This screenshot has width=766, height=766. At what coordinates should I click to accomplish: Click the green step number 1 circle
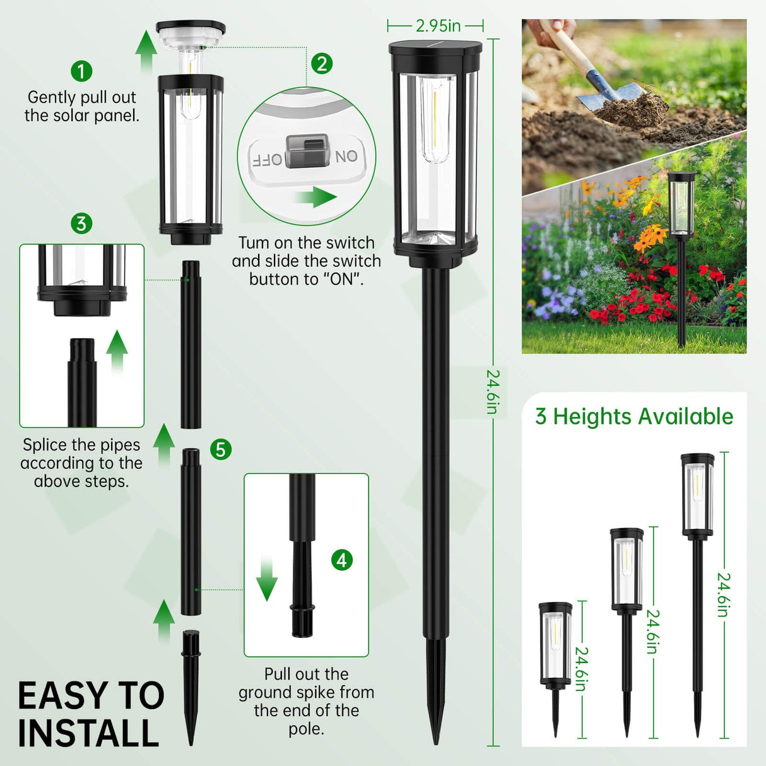81,71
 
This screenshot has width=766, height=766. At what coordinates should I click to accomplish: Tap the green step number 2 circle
322,63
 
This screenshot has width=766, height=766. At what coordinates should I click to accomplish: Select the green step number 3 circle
81,223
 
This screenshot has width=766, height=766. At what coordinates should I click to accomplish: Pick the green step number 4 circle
342,560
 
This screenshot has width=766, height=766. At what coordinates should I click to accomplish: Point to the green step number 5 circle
221,449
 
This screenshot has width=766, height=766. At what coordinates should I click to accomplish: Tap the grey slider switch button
307,151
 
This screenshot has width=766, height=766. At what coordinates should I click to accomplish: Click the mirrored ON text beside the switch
346,156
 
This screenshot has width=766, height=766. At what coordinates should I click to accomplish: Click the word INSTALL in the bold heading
88,733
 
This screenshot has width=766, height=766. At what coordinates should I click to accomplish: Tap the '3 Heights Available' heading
634,416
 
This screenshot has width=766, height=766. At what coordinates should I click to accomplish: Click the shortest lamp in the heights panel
555,663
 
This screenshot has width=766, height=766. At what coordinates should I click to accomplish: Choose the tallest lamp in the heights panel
697,587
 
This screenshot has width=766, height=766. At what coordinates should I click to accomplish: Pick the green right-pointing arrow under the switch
316,197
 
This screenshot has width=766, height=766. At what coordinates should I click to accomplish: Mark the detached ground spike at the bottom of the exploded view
191,685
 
